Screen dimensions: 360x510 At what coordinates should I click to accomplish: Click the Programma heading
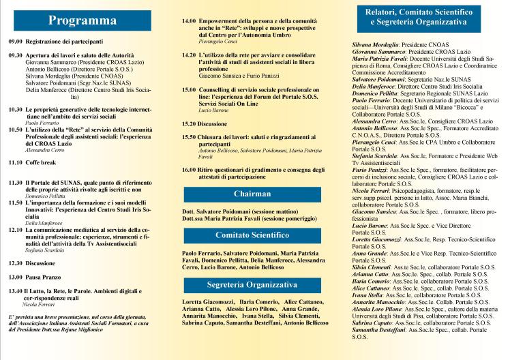87,22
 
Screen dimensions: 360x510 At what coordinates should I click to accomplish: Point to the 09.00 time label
15,42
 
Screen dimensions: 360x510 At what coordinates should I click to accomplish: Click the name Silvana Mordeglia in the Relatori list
374,44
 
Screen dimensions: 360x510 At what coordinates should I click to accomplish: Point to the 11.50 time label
15,202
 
